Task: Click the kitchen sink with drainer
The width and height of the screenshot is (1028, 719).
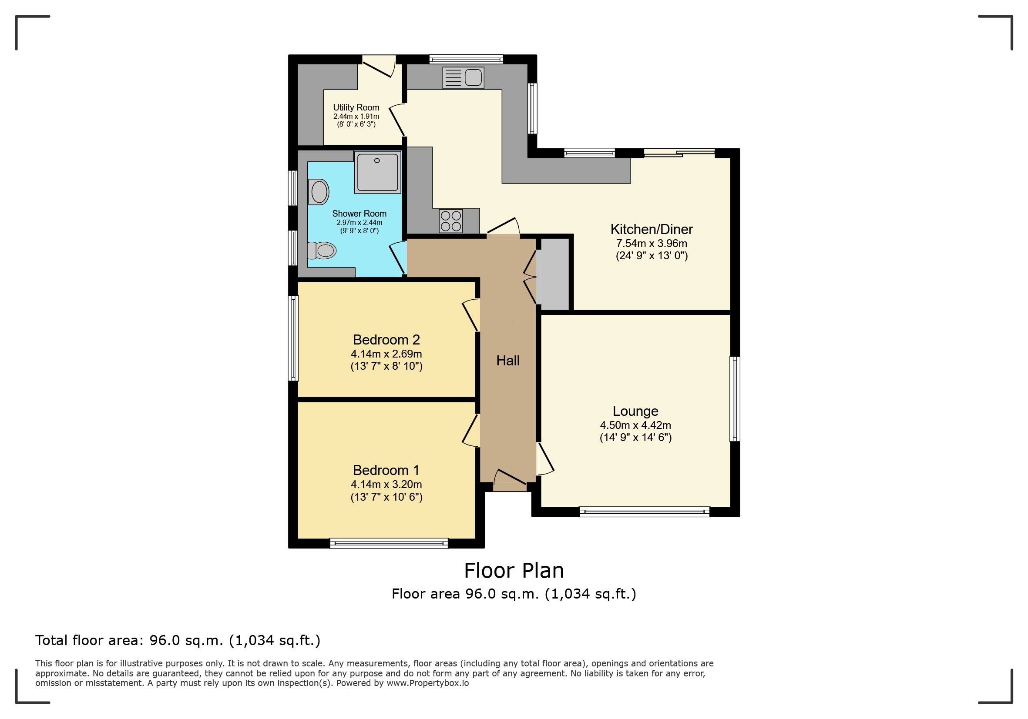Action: (463, 77)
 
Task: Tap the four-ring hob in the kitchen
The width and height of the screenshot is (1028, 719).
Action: (450, 221)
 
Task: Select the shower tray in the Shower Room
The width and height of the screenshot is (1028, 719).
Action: (377, 172)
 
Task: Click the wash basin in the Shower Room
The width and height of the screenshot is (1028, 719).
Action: (319, 192)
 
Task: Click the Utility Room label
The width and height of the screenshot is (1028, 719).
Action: (356, 107)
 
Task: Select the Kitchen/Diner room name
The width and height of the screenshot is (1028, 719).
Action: (652, 230)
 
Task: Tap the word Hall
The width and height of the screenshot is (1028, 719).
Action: (508, 361)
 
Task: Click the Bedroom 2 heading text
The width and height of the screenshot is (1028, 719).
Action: (386, 340)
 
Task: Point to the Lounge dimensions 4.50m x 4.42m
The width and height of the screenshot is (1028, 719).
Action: (635, 425)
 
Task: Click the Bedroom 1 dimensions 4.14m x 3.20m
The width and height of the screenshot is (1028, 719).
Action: (386, 484)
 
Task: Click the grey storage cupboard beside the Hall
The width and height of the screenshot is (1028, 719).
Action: (554, 274)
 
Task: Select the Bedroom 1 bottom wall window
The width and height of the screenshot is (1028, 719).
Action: (389, 543)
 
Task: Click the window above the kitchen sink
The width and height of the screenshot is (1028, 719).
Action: (466, 59)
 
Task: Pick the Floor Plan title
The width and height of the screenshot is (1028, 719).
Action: (514, 571)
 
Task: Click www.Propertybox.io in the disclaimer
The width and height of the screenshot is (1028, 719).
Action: (427, 683)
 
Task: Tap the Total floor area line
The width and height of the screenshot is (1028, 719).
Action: (178, 641)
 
